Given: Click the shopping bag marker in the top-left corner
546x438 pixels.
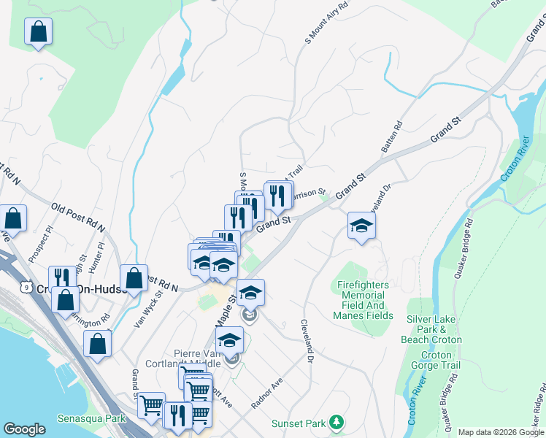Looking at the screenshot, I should [x=38, y=33].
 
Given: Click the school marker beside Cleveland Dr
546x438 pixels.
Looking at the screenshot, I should [x=361, y=227].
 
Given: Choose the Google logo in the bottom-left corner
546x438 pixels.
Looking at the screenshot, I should [x=24, y=429].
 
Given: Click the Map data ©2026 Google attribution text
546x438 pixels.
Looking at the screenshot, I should [x=500, y=432].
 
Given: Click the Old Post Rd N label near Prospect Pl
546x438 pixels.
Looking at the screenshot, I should [x=77, y=215].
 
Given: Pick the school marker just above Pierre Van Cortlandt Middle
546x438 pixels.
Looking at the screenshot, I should [x=229, y=341].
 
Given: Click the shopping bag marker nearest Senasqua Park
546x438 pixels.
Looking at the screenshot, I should [x=98, y=344].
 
